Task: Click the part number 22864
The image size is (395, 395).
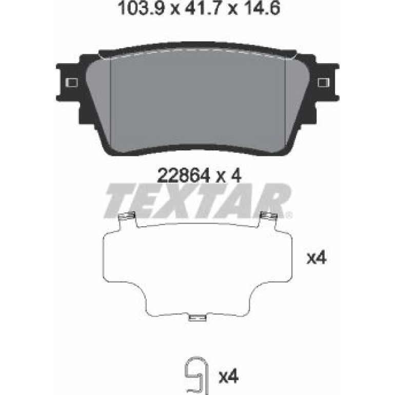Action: coord(184,175)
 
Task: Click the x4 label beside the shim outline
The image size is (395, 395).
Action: coord(317,258)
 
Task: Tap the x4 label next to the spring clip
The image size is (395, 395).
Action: coord(228,377)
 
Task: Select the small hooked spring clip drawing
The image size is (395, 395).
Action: coord(196,376)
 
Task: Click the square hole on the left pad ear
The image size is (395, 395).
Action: coord(71,82)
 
